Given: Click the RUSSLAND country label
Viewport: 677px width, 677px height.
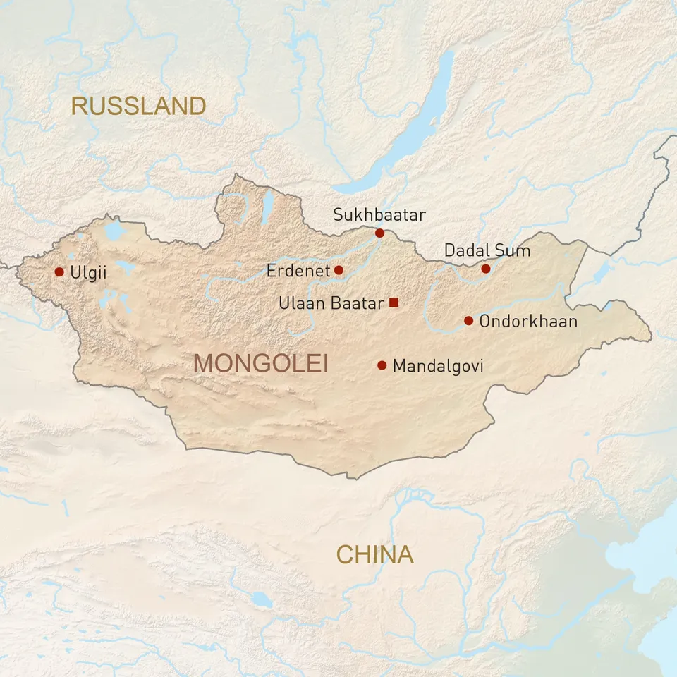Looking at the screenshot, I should [x=138, y=106].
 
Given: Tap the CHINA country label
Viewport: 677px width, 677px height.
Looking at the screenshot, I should [x=374, y=555].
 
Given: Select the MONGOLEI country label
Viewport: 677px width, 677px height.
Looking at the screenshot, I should [x=261, y=364].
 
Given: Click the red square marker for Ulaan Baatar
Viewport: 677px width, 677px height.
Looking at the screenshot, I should [x=394, y=303].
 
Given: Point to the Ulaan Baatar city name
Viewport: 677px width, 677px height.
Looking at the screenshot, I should [x=331, y=303].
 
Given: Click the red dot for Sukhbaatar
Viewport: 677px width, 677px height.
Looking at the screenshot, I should [x=379, y=233].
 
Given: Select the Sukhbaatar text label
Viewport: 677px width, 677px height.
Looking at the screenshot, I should [x=379, y=214].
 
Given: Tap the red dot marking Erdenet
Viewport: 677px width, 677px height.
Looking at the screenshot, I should [x=338, y=270].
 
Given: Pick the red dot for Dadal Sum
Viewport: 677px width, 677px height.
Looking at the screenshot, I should [x=486, y=269].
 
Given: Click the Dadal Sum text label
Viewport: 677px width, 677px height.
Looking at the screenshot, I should [x=487, y=250].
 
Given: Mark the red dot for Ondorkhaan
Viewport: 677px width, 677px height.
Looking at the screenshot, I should [x=468, y=321].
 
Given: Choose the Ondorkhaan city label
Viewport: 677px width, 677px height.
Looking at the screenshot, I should [x=528, y=322].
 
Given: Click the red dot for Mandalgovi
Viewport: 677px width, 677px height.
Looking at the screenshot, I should [x=382, y=365].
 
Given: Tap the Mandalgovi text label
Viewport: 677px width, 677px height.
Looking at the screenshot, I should [x=438, y=366].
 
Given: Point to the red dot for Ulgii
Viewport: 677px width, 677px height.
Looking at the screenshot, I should [x=59, y=272].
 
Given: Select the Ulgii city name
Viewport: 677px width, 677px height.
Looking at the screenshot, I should [x=89, y=272].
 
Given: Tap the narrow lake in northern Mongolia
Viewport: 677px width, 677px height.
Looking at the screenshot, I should [x=267, y=208].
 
